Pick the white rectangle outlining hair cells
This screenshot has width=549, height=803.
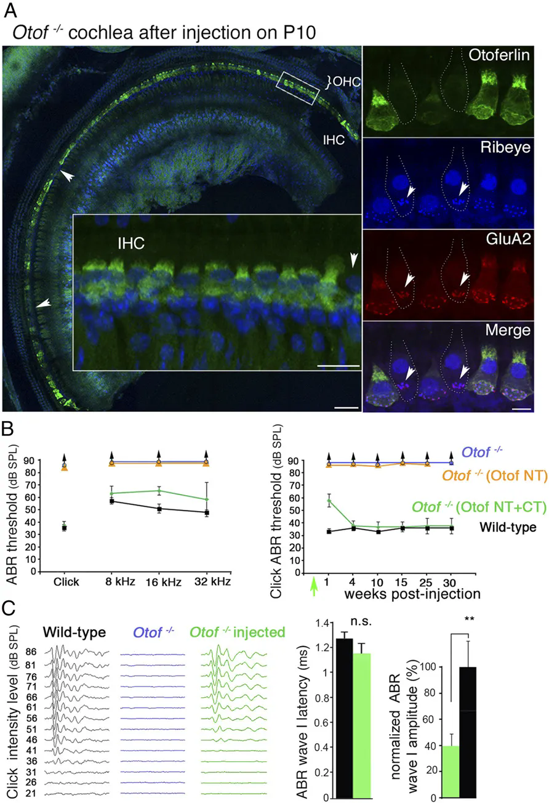pos(298,88)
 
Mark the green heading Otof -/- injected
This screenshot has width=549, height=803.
pos(237,632)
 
